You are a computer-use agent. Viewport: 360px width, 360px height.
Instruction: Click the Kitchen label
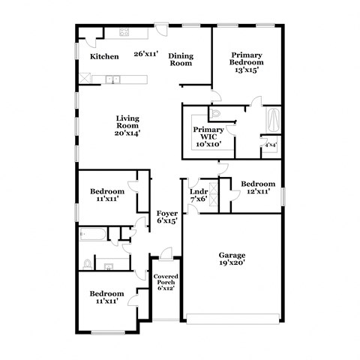pyautogui.click(x=104, y=56)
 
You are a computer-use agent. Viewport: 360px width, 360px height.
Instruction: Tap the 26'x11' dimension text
pyautogui.click(x=145, y=53)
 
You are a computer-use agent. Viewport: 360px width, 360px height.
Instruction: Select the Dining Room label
pyautogui.click(x=181, y=59)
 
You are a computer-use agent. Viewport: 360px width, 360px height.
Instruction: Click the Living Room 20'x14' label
pyautogui.click(x=127, y=124)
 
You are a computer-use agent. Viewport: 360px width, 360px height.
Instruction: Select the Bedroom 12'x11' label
pyautogui.click(x=257, y=187)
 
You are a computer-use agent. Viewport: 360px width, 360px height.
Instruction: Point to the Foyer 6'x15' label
pyautogui.click(x=166, y=217)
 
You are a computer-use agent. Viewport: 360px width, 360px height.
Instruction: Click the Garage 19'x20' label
pyautogui.click(x=232, y=259)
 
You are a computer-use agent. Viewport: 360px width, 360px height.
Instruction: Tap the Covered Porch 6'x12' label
pyautogui.click(x=166, y=282)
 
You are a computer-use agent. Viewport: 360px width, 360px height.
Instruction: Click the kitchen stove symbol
pyautogui.click(x=124, y=32)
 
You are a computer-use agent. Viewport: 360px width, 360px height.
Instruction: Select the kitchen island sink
pyautogui.click(x=113, y=79)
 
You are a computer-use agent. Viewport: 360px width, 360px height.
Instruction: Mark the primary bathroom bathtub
pyautogui.click(x=272, y=118)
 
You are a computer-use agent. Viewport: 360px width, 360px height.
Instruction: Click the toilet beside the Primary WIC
pyautogui.click(x=214, y=113)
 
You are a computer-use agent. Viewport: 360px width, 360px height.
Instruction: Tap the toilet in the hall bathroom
pyautogui.click(x=87, y=263)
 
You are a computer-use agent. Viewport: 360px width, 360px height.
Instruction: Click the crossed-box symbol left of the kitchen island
pyautogui.click(x=85, y=78)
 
